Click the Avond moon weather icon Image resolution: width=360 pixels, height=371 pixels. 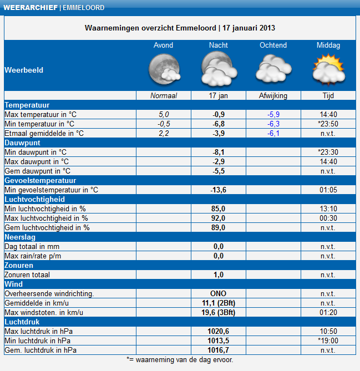164,70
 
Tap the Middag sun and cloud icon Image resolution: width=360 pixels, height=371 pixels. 328,70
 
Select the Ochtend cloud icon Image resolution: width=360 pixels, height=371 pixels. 273,70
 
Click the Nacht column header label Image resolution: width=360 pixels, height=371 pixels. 219,45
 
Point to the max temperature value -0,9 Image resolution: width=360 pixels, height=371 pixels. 219,114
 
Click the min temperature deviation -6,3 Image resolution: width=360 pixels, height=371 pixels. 273,124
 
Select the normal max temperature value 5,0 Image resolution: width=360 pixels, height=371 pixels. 164,114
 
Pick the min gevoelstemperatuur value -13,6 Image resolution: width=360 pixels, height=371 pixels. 219,190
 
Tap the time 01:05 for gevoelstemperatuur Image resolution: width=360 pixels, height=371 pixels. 328,190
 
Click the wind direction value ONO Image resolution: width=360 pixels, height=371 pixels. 219,293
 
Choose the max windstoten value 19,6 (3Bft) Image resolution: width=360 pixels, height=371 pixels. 219,312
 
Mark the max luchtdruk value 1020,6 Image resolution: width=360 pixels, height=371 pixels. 219,331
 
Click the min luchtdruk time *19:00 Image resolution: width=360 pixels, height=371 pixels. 328,340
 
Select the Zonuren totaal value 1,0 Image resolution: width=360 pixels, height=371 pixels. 219,275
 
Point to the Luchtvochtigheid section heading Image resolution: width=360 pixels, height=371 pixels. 35,199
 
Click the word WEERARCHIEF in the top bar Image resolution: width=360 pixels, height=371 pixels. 30,8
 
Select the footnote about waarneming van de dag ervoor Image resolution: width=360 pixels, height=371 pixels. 180,359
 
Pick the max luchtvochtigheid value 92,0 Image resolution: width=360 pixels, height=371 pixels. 219,218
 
